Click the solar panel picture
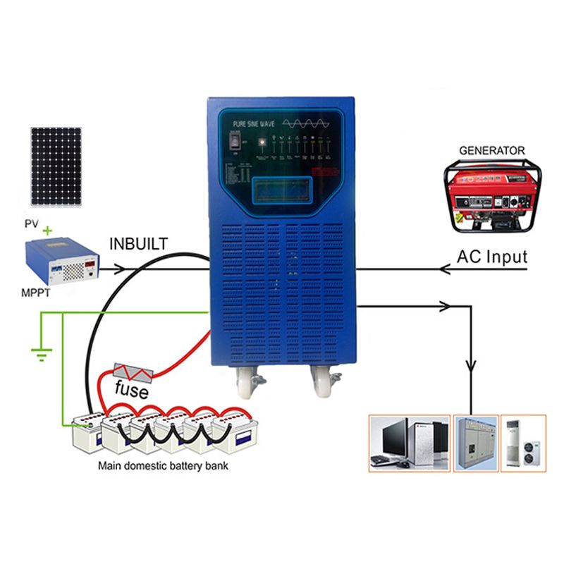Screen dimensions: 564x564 click(x=56, y=166)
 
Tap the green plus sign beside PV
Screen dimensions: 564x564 click(x=48, y=231)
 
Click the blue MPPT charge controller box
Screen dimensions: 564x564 click(x=61, y=262)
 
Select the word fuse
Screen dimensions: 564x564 click(x=132, y=388)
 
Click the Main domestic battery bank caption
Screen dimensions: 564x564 click(x=163, y=466)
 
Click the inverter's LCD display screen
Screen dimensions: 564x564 click(x=280, y=188)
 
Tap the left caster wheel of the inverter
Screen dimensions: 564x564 click(x=243, y=381)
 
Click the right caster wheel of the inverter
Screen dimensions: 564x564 click(x=325, y=381)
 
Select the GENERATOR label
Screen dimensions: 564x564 click(x=492, y=150)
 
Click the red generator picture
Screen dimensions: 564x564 click(x=492, y=195)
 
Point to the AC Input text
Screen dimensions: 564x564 click(x=492, y=257)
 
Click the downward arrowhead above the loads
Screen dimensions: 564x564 click(x=470, y=369)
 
